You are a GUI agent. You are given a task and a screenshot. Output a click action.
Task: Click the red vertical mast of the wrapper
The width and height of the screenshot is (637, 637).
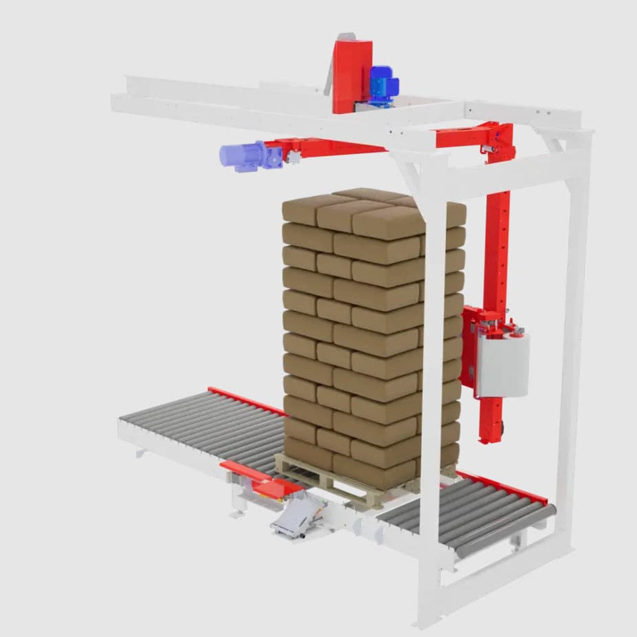pos(497,248)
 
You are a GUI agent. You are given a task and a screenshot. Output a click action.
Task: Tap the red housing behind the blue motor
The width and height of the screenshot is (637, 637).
pos(352,72)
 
